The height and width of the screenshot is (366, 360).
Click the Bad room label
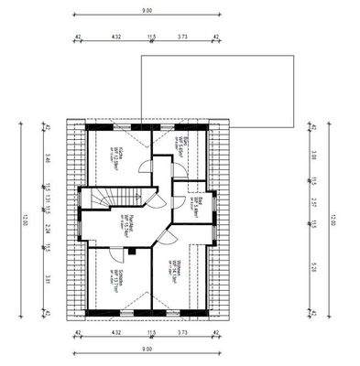[x=196, y=202]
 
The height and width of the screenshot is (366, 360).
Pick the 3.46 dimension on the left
[x=47, y=165]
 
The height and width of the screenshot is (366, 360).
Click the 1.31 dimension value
[x=47, y=203]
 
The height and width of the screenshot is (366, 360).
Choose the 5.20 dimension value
[x=314, y=265]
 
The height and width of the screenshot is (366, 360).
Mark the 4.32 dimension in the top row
[x=115, y=38]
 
